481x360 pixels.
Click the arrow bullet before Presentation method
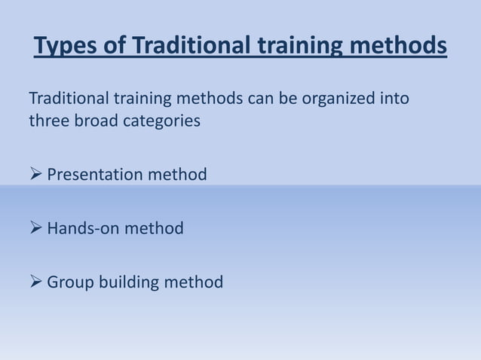click(35, 175)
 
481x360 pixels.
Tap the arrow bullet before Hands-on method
click(35, 228)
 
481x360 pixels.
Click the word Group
click(69, 282)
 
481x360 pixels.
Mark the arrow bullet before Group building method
click(35, 282)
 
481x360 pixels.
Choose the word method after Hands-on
click(154, 228)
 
